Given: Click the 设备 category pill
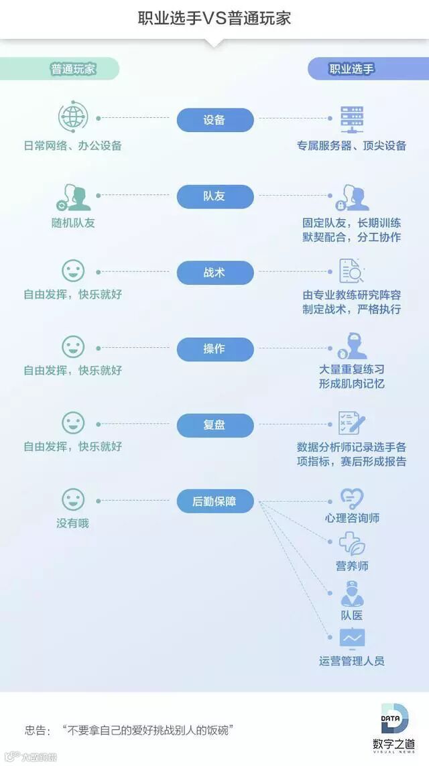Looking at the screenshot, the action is [215, 121].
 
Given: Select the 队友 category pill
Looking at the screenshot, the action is [215, 197].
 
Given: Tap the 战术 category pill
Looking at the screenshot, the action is [215, 273].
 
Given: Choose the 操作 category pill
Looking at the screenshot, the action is [215, 349].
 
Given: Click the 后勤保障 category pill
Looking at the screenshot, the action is [215, 501].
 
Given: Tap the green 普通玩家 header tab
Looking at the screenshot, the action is [72, 68].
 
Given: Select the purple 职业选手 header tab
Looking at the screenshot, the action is [352, 68].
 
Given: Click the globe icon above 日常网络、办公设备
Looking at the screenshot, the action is [73, 118].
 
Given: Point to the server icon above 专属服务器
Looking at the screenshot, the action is [351, 118].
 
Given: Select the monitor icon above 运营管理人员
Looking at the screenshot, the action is [351, 639].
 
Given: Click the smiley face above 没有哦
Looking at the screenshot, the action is [73, 499].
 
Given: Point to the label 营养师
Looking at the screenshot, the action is [352, 566].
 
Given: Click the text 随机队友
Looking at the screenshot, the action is [73, 222].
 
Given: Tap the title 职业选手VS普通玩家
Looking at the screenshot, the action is [214, 18].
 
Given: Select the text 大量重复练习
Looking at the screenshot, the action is [352, 369].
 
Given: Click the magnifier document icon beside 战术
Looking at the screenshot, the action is [351, 271].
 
